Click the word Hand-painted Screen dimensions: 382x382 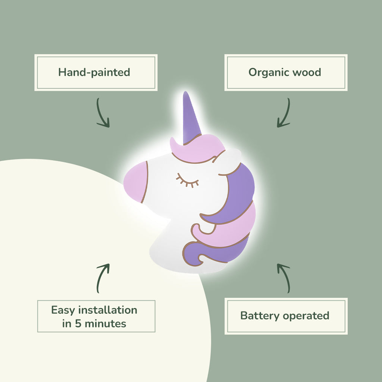(x=94, y=72)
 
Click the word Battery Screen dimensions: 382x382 (x=260, y=316)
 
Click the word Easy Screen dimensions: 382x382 (x=63, y=310)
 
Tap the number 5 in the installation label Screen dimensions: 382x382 (x=78, y=323)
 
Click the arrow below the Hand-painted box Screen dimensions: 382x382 (x=103, y=113)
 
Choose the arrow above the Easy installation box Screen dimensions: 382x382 (x=103, y=278)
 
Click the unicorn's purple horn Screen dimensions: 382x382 (x=191, y=118)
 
